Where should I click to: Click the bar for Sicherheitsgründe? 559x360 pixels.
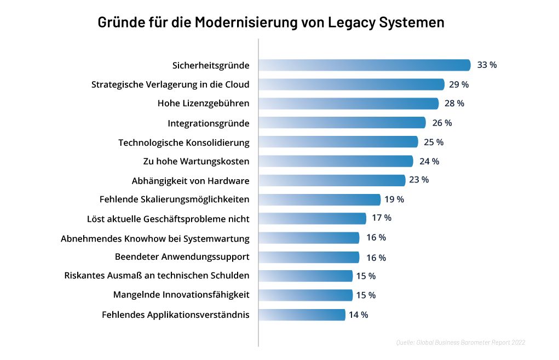364,65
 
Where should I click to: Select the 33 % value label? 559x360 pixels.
487,65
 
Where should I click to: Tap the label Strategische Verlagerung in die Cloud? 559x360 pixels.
170,84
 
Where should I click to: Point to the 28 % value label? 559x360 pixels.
454,103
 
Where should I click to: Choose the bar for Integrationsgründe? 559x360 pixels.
342,123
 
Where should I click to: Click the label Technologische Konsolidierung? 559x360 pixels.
184,142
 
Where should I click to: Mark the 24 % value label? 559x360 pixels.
429,161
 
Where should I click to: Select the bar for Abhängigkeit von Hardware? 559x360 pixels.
332,180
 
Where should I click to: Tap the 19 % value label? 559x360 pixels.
394,199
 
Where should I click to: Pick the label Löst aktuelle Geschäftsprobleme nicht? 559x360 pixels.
168,219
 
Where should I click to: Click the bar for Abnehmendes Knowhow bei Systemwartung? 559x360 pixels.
309,238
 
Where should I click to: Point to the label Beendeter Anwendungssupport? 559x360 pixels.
182,256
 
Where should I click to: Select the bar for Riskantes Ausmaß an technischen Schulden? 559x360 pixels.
306,276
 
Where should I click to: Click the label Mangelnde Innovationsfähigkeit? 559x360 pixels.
181,295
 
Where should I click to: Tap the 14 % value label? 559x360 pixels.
358,315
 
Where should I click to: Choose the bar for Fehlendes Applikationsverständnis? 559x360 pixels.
302,315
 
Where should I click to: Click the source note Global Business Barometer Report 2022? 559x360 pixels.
460,342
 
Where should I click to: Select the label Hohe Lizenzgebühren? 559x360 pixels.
204,104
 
